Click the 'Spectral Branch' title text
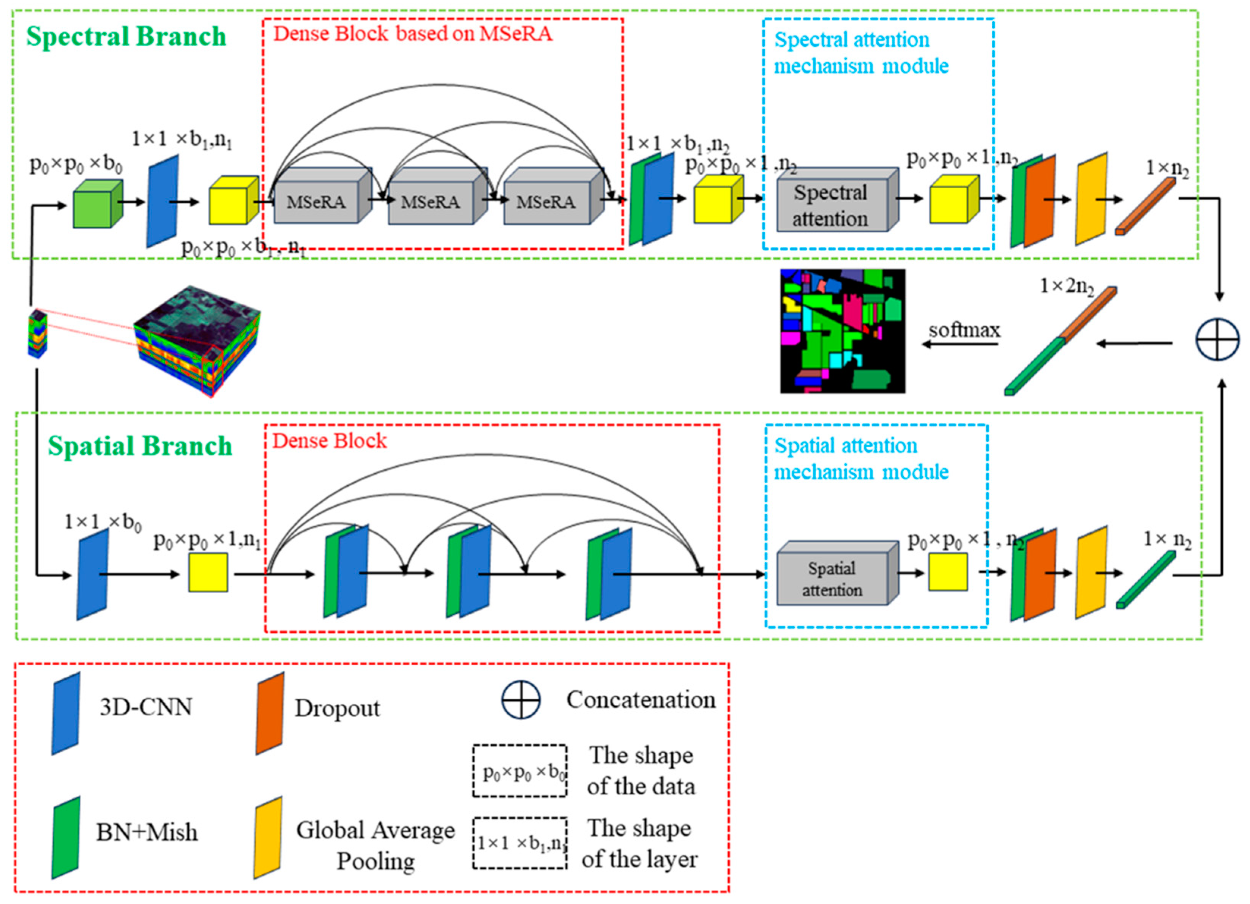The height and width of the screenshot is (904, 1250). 126,37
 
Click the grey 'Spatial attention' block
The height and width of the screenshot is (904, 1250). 832,578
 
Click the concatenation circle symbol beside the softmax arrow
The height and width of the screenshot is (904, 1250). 1217,339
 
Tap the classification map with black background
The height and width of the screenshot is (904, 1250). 842,331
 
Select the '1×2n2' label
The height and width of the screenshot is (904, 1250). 1067,286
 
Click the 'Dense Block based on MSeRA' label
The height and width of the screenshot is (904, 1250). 413,34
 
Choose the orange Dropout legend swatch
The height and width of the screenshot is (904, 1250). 270,713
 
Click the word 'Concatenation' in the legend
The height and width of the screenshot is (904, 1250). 641,699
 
